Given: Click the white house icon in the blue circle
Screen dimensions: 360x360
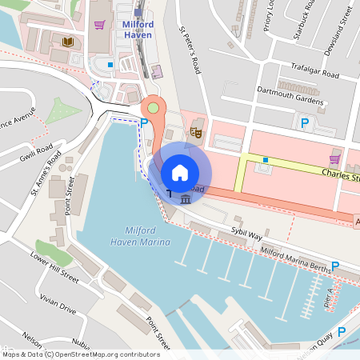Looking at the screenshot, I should [x=180, y=172].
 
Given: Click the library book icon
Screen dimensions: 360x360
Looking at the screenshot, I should [x=66, y=41].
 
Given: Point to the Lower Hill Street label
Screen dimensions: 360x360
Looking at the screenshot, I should [x=54, y=268].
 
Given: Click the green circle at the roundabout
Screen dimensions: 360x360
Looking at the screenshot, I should [x=152, y=107].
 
